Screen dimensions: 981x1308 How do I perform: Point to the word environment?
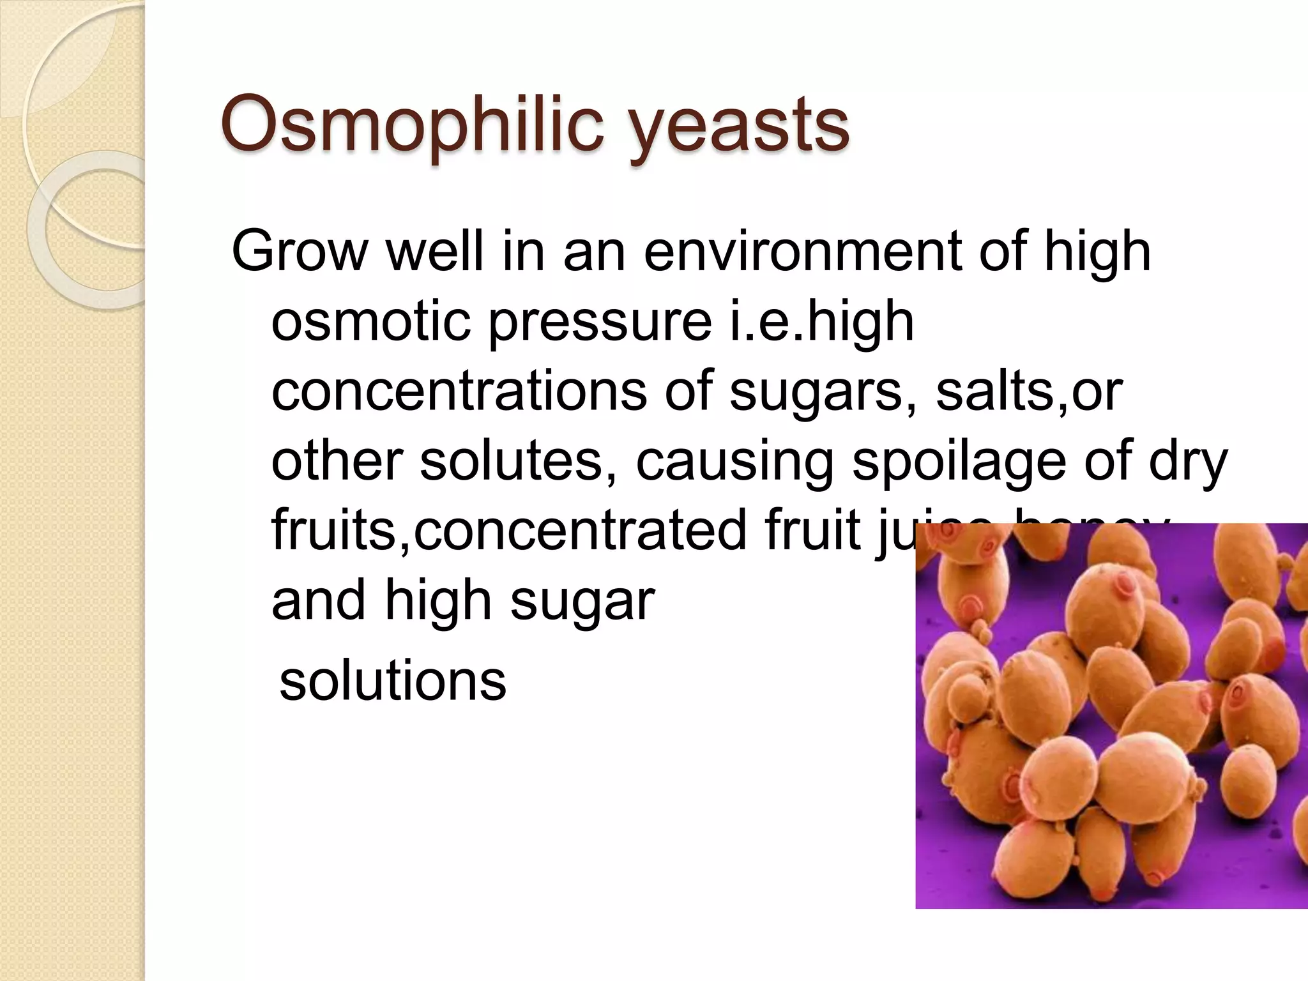click(x=802, y=251)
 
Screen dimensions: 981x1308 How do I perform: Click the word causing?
click(x=735, y=464)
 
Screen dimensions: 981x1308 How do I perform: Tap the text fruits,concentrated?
click(x=508, y=531)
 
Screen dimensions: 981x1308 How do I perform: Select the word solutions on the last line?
click(x=393, y=681)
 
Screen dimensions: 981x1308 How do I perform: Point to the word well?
click(x=434, y=251)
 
